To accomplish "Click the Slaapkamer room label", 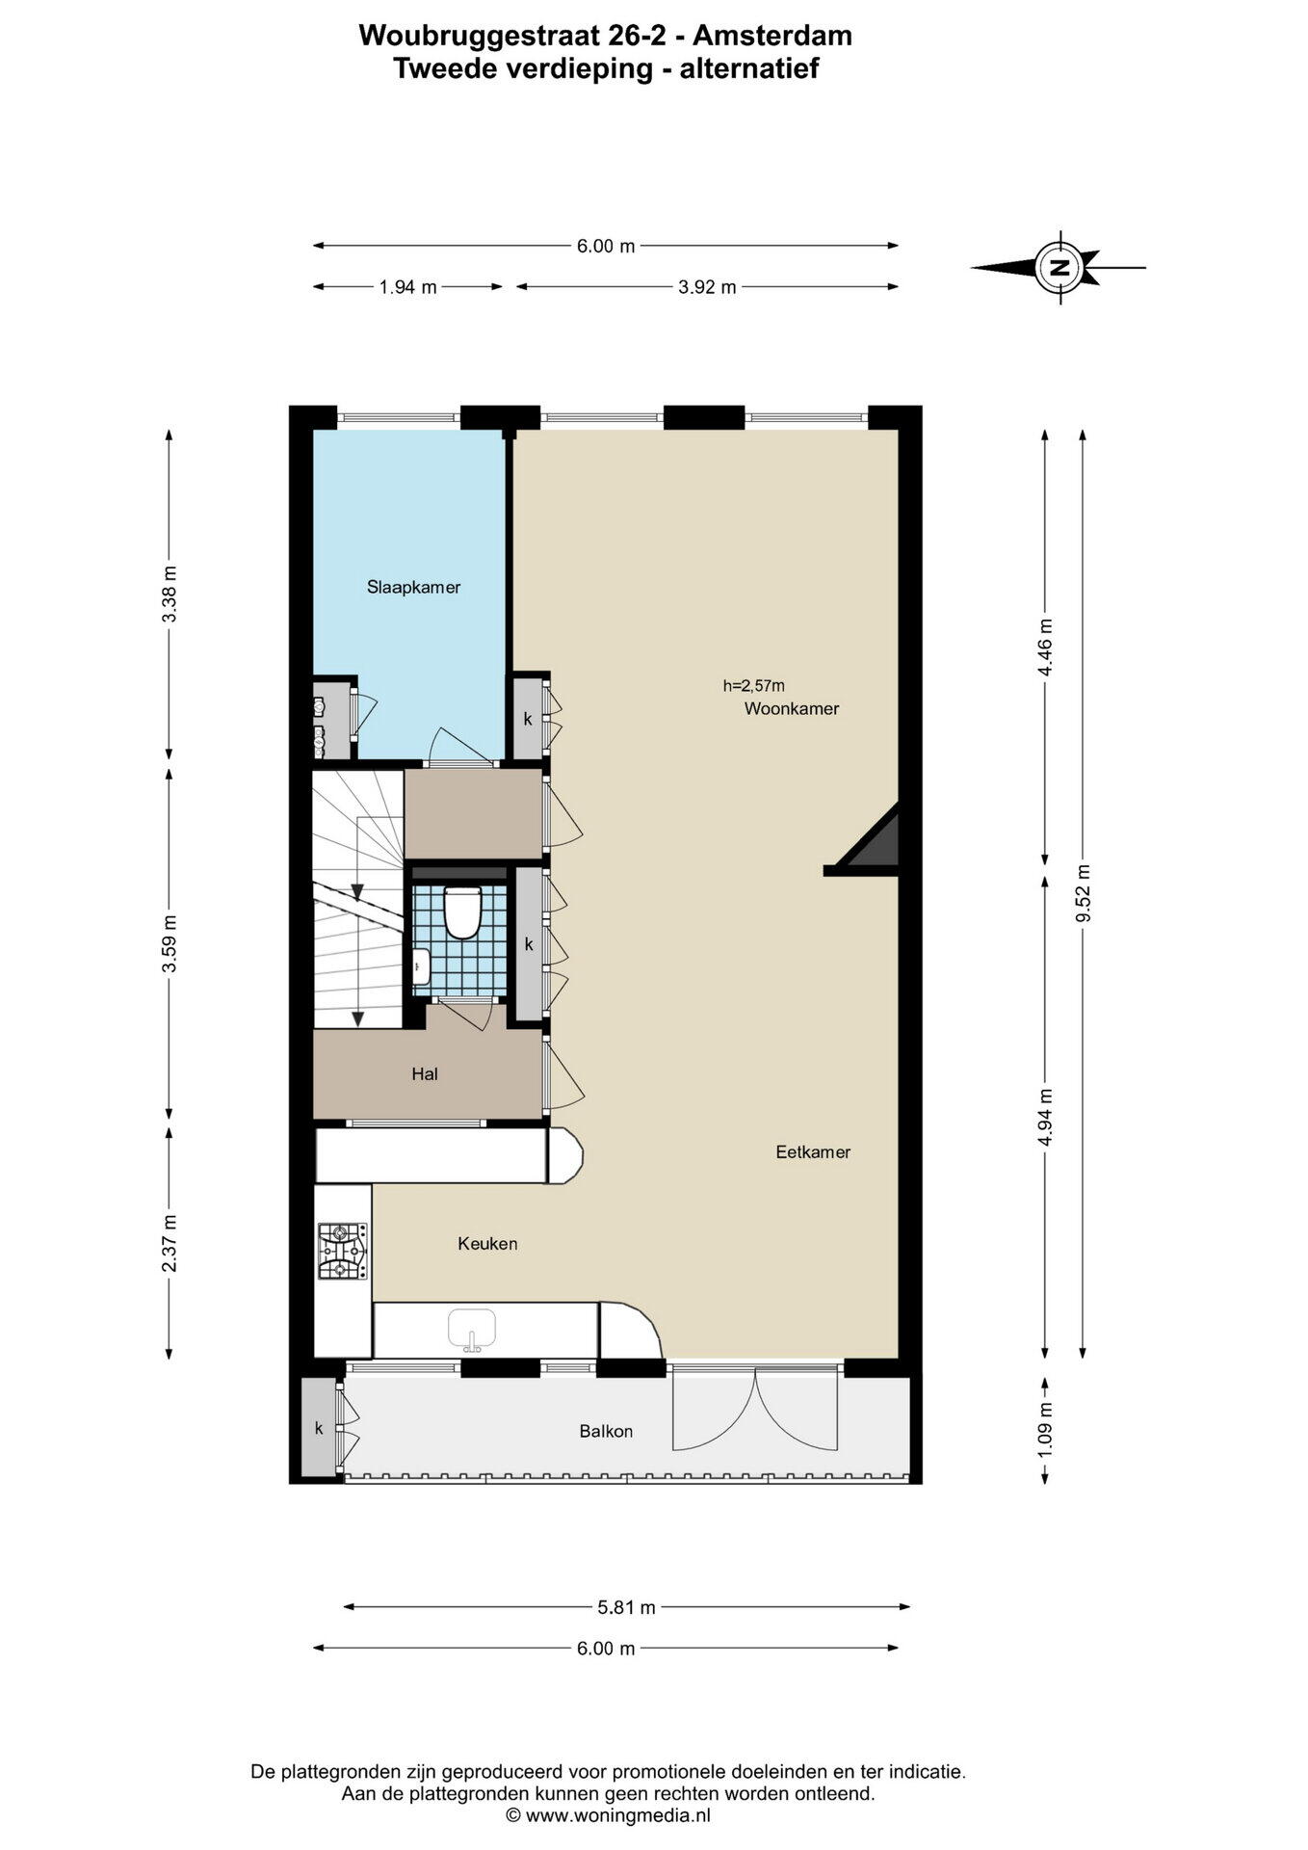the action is tap(413, 587).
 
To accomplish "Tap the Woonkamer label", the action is tap(791, 709).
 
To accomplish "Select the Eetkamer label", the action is tap(813, 1151).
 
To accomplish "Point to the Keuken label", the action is tap(487, 1244).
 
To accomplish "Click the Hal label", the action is tap(425, 1073).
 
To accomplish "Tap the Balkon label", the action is tap(606, 1431).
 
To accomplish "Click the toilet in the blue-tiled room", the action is tap(462, 912).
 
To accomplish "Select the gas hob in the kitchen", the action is tap(343, 1251).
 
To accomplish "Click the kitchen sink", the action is tap(472, 1329).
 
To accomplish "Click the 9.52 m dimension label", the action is tap(1084, 893).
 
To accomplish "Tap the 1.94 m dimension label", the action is tap(407, 287).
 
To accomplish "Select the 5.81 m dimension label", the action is tap(626, 1607).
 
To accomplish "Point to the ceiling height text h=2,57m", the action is tap(754, 686).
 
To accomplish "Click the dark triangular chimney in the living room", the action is tap(873, 839).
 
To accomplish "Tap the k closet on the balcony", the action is tap(319, 1428).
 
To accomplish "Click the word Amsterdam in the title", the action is tap(772, 36).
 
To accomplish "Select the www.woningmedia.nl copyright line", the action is tap(608, 1816).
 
